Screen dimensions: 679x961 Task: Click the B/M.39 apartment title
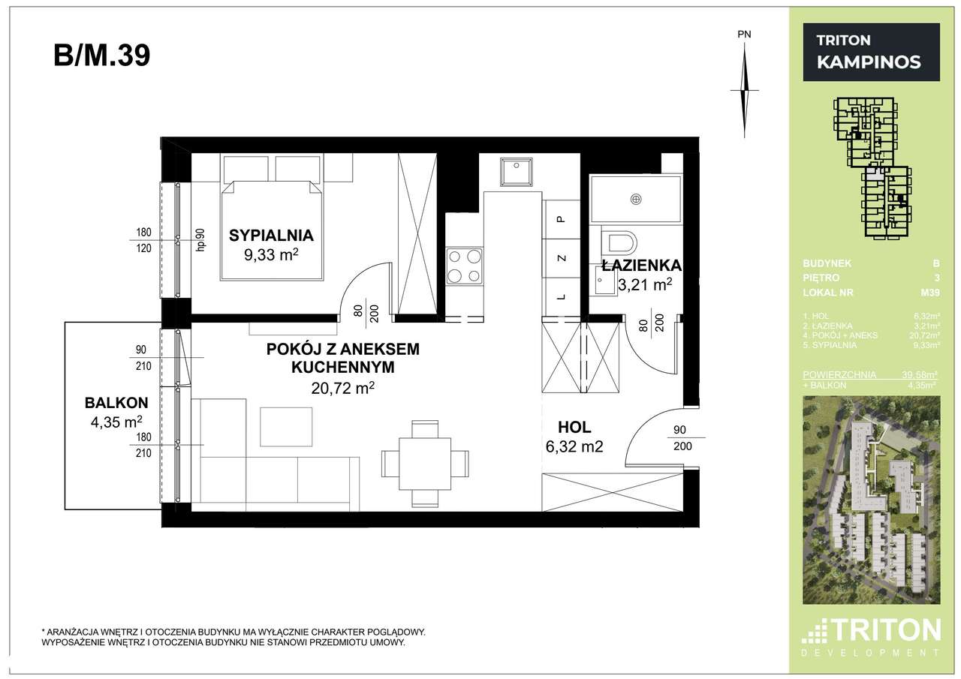(102, 56)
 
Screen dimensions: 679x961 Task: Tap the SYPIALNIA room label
(271, 236)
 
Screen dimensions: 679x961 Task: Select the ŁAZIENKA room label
(641, 266)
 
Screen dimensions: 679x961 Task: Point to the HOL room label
(574, 428)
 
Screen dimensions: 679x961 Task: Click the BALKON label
(116, 402)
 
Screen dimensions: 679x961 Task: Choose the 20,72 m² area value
(342, 388)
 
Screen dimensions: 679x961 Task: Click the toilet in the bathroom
(621, 243)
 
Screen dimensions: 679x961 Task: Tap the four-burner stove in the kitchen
(464, 266)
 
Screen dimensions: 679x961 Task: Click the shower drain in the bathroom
(636, 199)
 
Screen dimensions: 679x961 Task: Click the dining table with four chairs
(425, 463)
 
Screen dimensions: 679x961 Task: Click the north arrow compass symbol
(744, 89)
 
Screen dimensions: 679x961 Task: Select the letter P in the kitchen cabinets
(560, 219)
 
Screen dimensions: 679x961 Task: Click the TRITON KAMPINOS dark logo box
(871, 52)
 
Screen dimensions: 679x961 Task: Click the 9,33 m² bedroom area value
(271, 255)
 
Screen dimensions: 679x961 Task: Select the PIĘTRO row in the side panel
(871, 278)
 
